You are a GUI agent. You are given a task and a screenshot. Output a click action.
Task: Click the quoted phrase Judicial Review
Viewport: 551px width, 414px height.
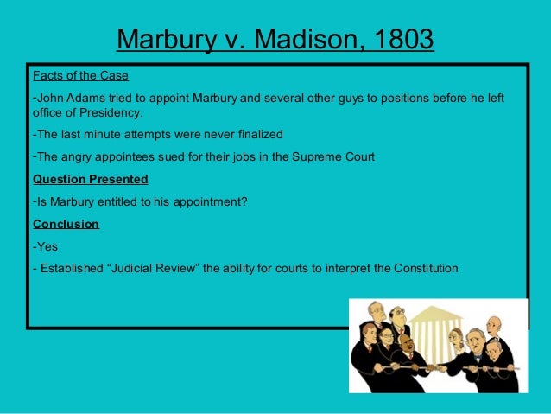(152, 268)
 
